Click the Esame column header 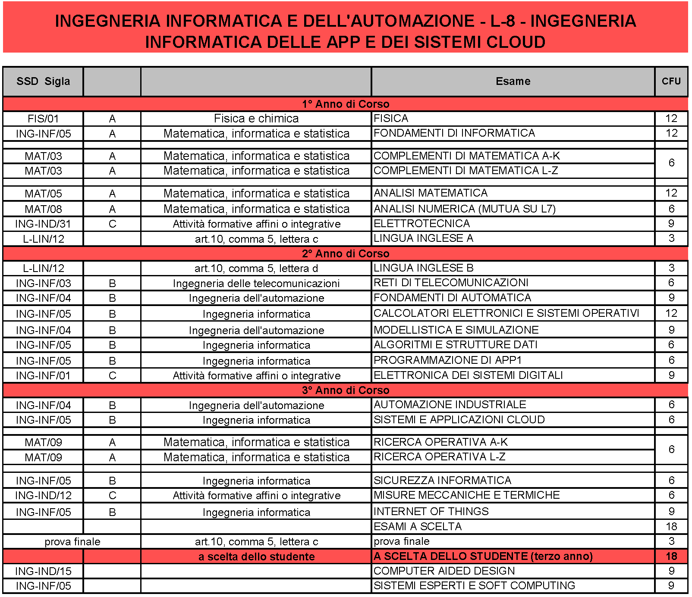(x=513, y=81)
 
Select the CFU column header (x=671, y=81)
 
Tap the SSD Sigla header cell (x=43, y=81)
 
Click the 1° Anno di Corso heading (x=345, y=104)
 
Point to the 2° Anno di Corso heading (x=345, y=253)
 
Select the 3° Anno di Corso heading (x=345, y=390)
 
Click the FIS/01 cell (x=43, y=119)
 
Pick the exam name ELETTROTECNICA (x=421, y=224)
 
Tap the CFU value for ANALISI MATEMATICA (x=671, y=193)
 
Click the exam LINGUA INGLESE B (x=423, y=268)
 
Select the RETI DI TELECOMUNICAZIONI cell (x=451, y=283)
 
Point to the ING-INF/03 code (x=43, y=283)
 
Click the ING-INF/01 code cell (x=43, y=375)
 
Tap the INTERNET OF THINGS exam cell (x=431, y=512)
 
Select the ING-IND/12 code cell (x=43, y=495)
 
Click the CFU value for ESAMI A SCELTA (x=671, y=526)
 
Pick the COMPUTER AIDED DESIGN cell (x=444, y=571)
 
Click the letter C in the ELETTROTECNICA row (x=112, y=224)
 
